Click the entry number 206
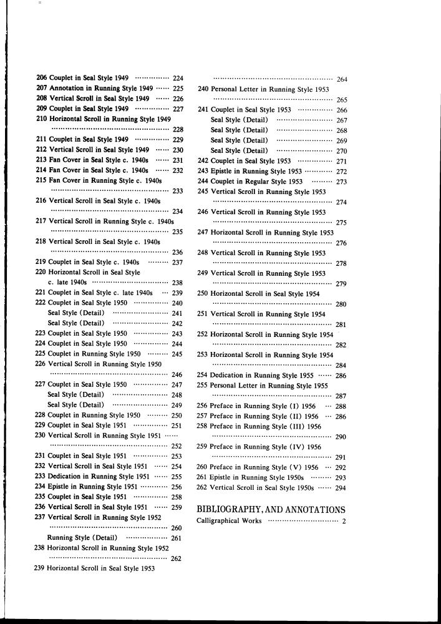click(42, 78)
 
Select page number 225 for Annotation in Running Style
click(178, 89)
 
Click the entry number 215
click(42, 180)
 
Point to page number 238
click(177, 283)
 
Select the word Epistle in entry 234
click(60, 487)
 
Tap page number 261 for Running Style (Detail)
click(177, 538)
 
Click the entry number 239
click(41, 568)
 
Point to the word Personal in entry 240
click(224, 89)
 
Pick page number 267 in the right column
click(341, 120)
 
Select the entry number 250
click(202, 293)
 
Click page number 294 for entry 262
click(341, 488)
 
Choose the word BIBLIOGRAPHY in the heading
click(233, 510)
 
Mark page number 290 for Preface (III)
click(341, 437)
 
